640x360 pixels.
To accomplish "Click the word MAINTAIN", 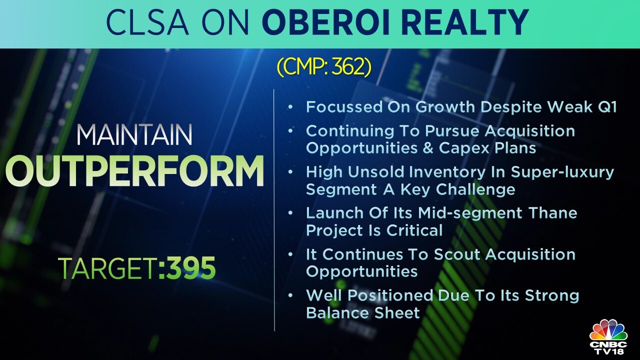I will coord(134,136).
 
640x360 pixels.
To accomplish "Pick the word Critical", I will coord(417,230).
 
